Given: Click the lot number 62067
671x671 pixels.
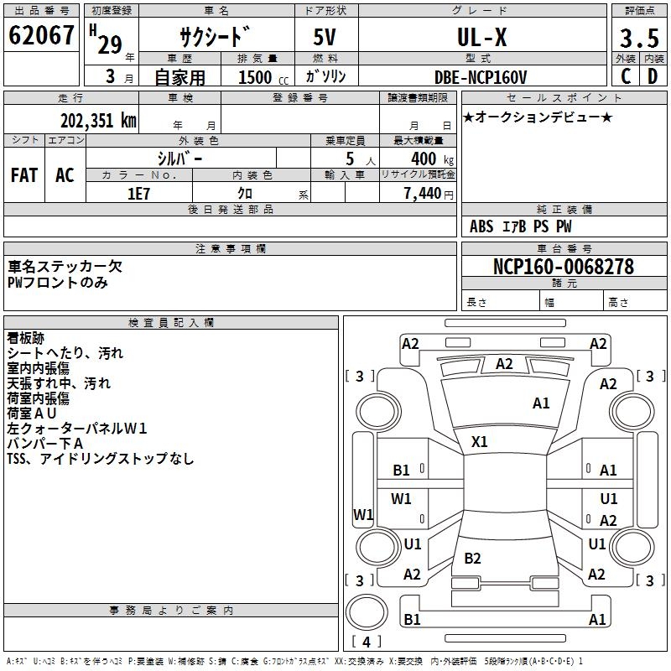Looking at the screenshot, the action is click(x=41, y=35).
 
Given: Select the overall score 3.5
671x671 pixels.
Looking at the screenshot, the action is click(x=639, y=38).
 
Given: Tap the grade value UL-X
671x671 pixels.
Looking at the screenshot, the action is click(x=481, y=37).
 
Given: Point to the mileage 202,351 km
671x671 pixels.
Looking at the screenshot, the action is click(x=98, y=121).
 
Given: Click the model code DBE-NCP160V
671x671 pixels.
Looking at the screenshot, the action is click(x=480, y=77).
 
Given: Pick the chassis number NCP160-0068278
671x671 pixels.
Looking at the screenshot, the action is click(x=563, y=267).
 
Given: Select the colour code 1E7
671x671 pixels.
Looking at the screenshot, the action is click(x=138, y=194).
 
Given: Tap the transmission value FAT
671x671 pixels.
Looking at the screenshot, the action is click(x=24, y=175).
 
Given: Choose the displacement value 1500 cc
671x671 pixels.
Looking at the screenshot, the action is click(x=263, y=77).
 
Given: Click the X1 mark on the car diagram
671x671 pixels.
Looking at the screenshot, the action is click(x=479, y=442).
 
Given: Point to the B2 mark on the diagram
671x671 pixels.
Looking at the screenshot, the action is click(x=472, y=558).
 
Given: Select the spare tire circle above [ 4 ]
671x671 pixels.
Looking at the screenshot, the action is click(x=367, y=611).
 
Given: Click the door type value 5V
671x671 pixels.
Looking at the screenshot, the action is click(x=325, y=37).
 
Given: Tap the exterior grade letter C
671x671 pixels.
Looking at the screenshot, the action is click(x=626, y=76).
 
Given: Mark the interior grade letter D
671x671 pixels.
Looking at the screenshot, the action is click(x=653, y=76).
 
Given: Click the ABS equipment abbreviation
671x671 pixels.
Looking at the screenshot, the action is click(x=481, y=226).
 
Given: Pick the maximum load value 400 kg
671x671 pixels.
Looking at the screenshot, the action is click(x=432, y=159).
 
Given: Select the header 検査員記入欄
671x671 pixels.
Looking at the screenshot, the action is click(x=171, y=323).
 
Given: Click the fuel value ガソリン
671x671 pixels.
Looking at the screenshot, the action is click(x=325, y=76).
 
